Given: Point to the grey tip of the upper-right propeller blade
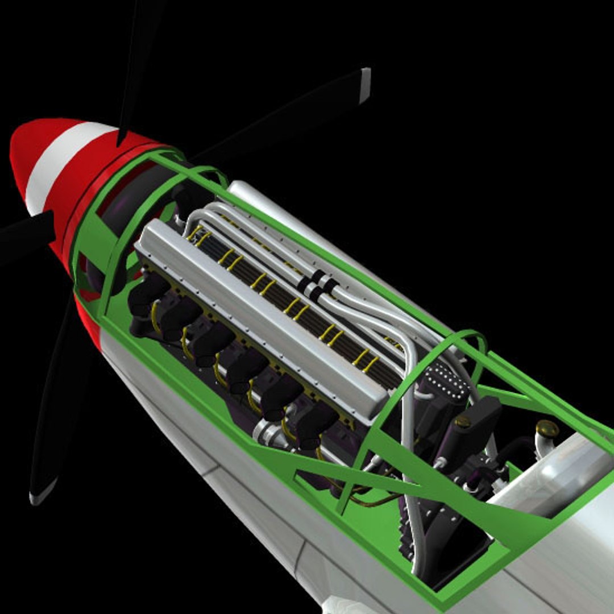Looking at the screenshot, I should coord(364,85).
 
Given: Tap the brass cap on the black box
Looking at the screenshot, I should coord(462,422).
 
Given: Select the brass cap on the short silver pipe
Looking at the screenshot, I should coord(547,428).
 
